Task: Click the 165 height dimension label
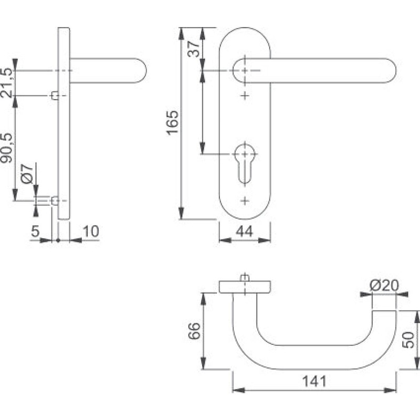point(173,122)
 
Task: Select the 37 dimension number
point(194,48)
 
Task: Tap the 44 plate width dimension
point(244,232)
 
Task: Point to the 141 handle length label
point(314,381)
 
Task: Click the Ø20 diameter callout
point(384,286)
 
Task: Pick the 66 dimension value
point(194,331)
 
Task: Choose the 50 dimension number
point(408,340)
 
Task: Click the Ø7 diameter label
point(27,174)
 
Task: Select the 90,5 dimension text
point(7,148)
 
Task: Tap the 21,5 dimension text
point(7,83)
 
